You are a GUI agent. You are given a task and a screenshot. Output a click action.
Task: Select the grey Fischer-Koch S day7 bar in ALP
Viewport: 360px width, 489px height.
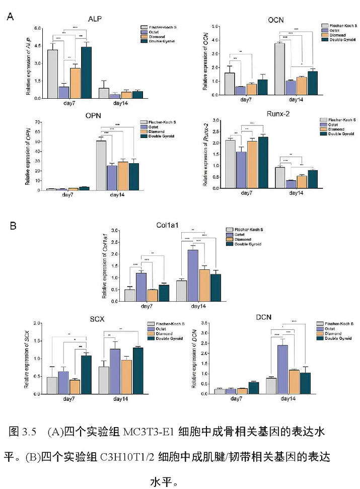point(52,74)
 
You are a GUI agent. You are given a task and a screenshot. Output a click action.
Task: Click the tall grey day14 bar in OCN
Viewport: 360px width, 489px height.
point(280,69)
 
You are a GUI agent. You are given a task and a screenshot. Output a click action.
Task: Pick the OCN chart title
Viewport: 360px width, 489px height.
point(275,20)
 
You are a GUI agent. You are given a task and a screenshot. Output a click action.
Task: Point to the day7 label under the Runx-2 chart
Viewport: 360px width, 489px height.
point(246,193)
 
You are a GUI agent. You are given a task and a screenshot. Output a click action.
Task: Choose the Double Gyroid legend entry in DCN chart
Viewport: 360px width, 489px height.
point(338,338)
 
